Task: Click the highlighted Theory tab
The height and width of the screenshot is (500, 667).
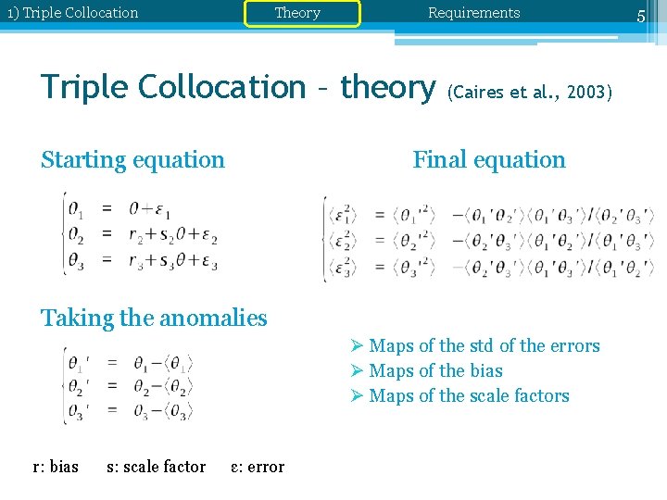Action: (297, 13)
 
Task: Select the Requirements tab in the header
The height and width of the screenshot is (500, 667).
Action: (473, 13)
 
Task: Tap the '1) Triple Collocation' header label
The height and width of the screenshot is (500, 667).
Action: (72, 13)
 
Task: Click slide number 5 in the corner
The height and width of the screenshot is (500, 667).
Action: (640, 16)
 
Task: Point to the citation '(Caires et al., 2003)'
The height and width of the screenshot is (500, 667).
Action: (529, 93)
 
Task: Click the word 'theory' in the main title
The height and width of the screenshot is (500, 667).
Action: (387, 87)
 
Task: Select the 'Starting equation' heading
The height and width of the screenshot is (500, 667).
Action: (132, 159)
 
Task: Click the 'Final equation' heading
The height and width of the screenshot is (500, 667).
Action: (488, 159)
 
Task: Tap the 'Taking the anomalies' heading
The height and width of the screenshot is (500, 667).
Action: (154, 318)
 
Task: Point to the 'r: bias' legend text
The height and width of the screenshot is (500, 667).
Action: (56, 467)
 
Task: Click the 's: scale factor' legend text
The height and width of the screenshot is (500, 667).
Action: (156, 467)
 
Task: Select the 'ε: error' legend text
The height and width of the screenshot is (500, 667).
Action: (258, 467)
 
